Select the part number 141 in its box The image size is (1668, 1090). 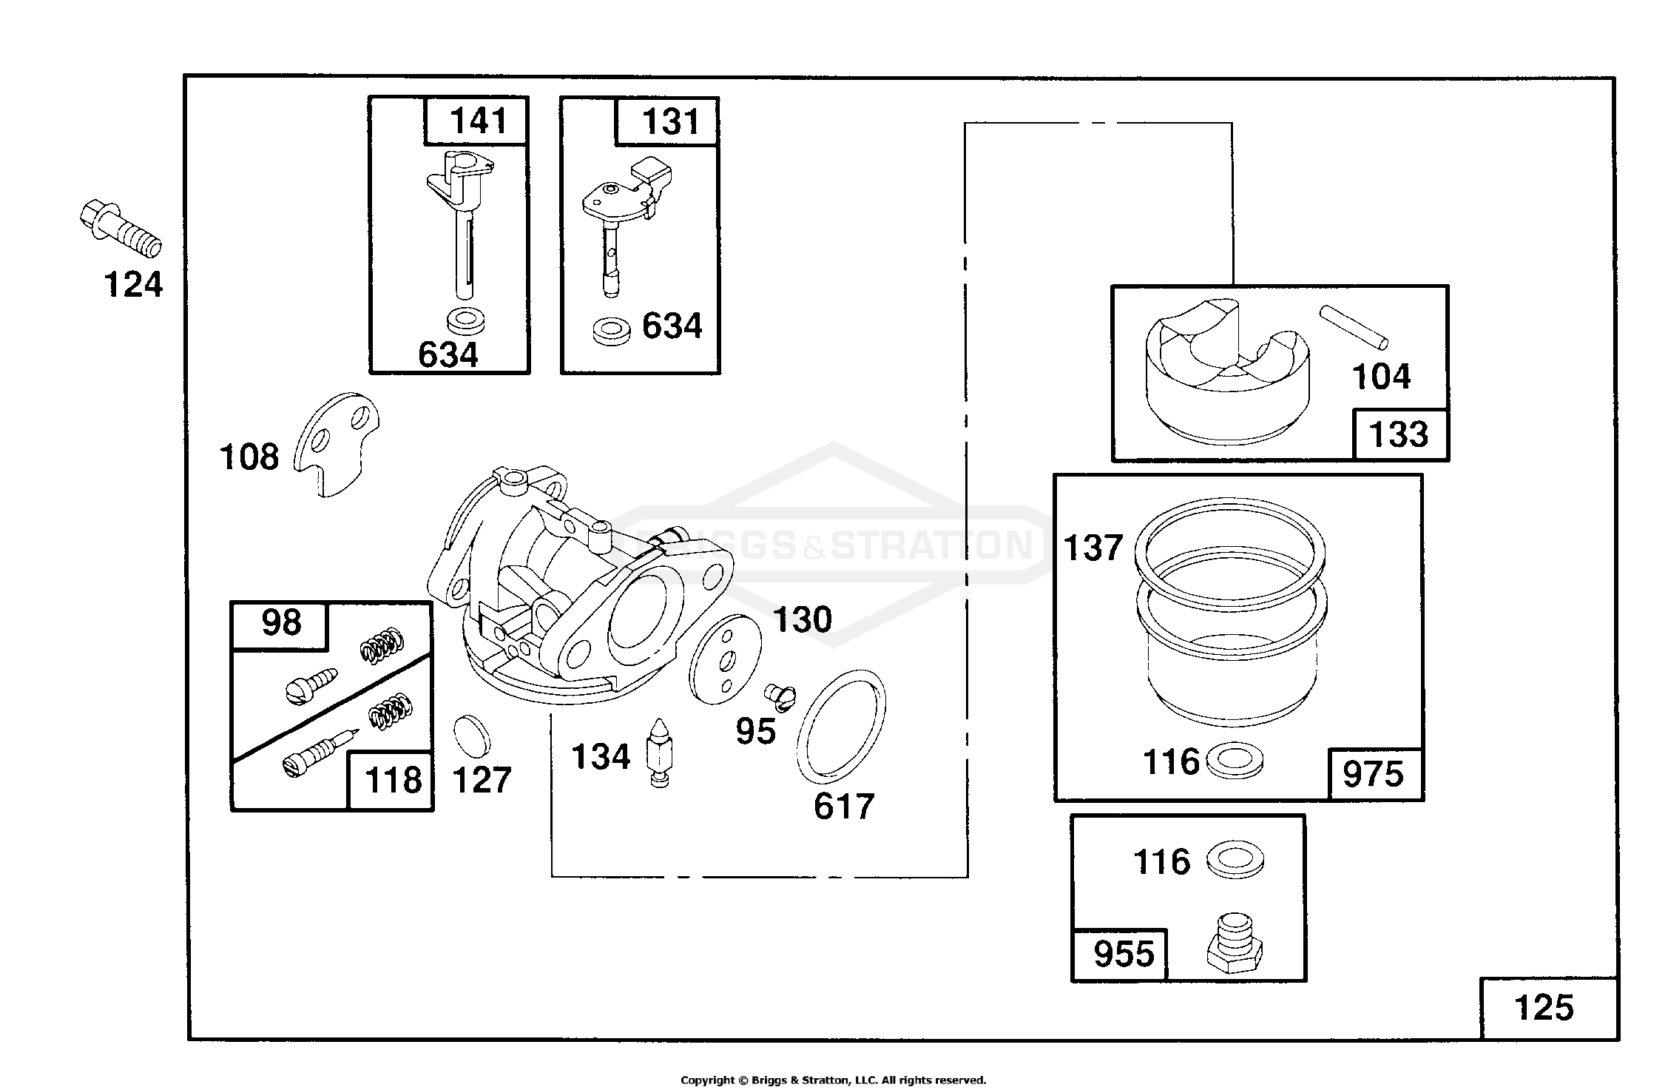point(479,121)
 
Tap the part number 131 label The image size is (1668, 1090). point(670,121)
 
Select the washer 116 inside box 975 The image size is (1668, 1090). point(1235,763)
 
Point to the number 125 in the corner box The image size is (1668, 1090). point(1544,1008)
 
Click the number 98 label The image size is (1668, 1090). point(281,623)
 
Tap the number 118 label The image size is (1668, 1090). point(392,781)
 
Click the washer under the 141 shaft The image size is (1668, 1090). point(467,321)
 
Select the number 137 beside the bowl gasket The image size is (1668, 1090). point(1093,548)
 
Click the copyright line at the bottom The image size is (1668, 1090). point(833,1080)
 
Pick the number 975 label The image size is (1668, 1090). point(1373,775)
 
